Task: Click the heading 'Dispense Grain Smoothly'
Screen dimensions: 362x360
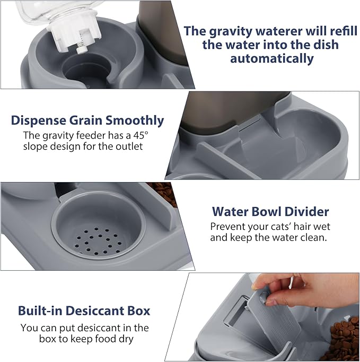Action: [x=87, y=120]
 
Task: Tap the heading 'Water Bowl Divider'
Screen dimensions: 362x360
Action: [x=270, y=212]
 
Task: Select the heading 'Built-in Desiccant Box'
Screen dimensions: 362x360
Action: [x=84, y=311]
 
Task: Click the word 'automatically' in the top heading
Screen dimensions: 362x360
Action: [x=272, y=58]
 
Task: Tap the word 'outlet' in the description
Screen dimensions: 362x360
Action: [x=129, y=146]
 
